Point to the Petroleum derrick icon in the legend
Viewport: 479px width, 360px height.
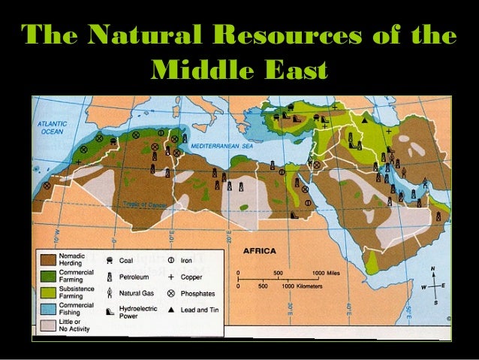[x=110, y=276]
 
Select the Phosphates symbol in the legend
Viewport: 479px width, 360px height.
[x=171, y=292]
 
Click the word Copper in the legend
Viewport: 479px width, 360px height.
[x=191, y=276]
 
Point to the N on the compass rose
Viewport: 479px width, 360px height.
[x=433, y=268]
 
